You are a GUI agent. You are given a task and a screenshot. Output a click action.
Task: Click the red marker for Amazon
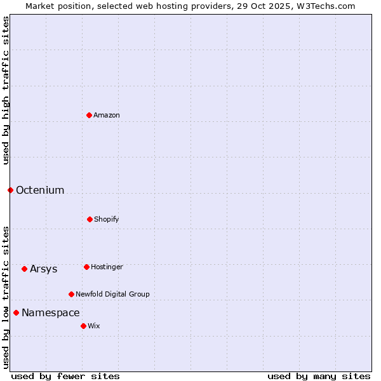click(x=89, y=115)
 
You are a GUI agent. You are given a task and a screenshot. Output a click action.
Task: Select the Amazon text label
click(x=107, y=115)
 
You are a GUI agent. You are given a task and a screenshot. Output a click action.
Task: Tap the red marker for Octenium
click(x=10, y=190)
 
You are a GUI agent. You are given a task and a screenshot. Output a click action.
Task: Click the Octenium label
click(x=40, y=190)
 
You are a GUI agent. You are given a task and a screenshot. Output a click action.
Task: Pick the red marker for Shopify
click(x=90, y=219)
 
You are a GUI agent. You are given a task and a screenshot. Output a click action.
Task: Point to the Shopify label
click(x=107, y=219)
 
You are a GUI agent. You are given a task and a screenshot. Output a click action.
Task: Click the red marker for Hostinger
click(x=86, y=267)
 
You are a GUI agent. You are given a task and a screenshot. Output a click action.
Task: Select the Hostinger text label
click(x=107, y=267)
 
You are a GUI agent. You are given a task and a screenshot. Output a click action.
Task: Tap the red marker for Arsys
click(x=24, y=269)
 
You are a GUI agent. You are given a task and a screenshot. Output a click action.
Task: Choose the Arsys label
click(x=44, y=269)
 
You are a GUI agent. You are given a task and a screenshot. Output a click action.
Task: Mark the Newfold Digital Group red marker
click(x=71, y=294)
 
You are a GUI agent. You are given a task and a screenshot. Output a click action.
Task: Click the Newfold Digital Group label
click(x=112, y=294)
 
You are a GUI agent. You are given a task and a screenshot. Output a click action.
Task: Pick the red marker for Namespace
click(x=16, y=312)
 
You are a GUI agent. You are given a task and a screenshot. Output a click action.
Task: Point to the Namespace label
click(x=51, y=313)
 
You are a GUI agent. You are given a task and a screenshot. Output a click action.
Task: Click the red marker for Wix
click(x=83, y=326)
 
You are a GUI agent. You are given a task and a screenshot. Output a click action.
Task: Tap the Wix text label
click(x=94, y=326)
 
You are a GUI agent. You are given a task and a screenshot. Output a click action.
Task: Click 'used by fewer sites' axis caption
click(x=65, y=376)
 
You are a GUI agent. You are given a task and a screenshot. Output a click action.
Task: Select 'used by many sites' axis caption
click(x=319, y=376)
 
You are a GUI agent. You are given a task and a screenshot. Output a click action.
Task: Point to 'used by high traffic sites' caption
click(x=6, y=90)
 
